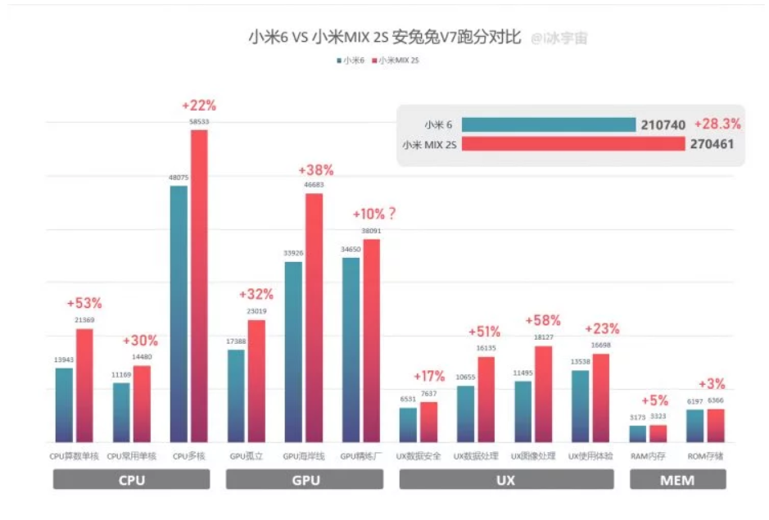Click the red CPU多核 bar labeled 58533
point(199,287)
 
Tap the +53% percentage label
point(84,303)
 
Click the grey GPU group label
point(305,480)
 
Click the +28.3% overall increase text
point(717,124)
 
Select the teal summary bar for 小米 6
point(549,124)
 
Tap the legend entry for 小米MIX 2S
point(400,61)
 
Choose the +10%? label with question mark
point(374,214)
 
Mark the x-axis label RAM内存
point(648,455)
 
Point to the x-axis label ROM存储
point(705,455)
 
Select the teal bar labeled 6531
point(408,425)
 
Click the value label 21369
point(85,319)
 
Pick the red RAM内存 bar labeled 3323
point(658,434)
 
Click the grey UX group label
point(506,480)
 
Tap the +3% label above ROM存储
point(712,384)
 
